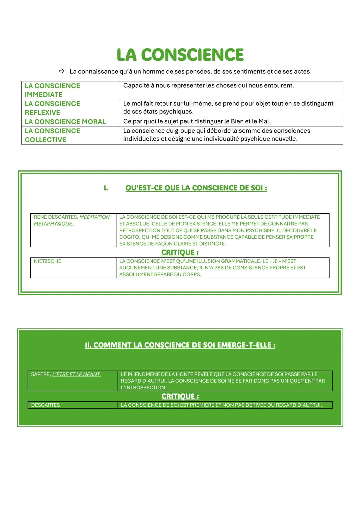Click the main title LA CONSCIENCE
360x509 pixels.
[x=180, y=55]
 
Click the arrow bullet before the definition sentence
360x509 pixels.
[x=62, y=71]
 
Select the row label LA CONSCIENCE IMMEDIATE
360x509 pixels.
[x=52, y=90]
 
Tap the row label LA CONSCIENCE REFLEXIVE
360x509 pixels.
[x=52, y=108]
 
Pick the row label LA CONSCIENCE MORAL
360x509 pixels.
[x=65, y=122]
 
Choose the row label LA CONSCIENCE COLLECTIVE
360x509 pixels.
[x=52, y=135]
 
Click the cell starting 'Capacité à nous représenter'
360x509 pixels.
[x=208, y=86]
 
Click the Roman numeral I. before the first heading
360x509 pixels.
[x=106, y=188]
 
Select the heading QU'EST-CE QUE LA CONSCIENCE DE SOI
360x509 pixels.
[x=196, y=188]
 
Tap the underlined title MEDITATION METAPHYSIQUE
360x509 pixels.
[x=72, y=220]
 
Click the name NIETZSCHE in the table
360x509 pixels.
[x=47, y=261]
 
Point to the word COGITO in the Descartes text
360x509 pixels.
[x=129, y=237]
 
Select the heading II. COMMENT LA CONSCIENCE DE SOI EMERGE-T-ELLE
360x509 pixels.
[x=180, y=345]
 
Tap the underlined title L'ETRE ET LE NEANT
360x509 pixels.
[x=76, y=375]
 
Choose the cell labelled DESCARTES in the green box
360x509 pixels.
[x=46, y=405]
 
